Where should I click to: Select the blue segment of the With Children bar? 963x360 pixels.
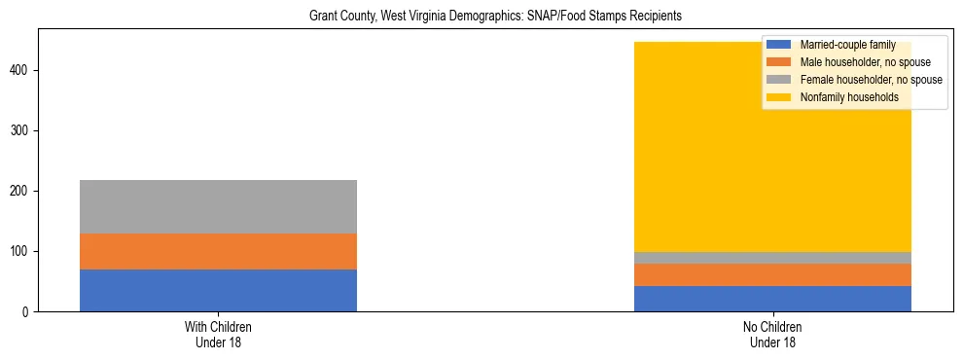pos(218,290)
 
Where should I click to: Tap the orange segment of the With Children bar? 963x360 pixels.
pos(218,251)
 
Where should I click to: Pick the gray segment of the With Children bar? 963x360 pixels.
pos(218,206)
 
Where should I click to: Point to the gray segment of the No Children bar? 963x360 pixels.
pos(772,258)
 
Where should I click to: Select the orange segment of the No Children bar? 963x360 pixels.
pos(772,274)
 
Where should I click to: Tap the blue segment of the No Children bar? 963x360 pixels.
pos(772,299)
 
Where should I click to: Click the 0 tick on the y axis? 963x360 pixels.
pos(28,312)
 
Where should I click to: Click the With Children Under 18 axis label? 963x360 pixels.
pos(218,335)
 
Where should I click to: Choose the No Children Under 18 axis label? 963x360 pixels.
pos(772,335)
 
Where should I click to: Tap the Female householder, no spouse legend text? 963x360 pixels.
pos(871,80)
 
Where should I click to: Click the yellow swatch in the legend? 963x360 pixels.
pos(779,97)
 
